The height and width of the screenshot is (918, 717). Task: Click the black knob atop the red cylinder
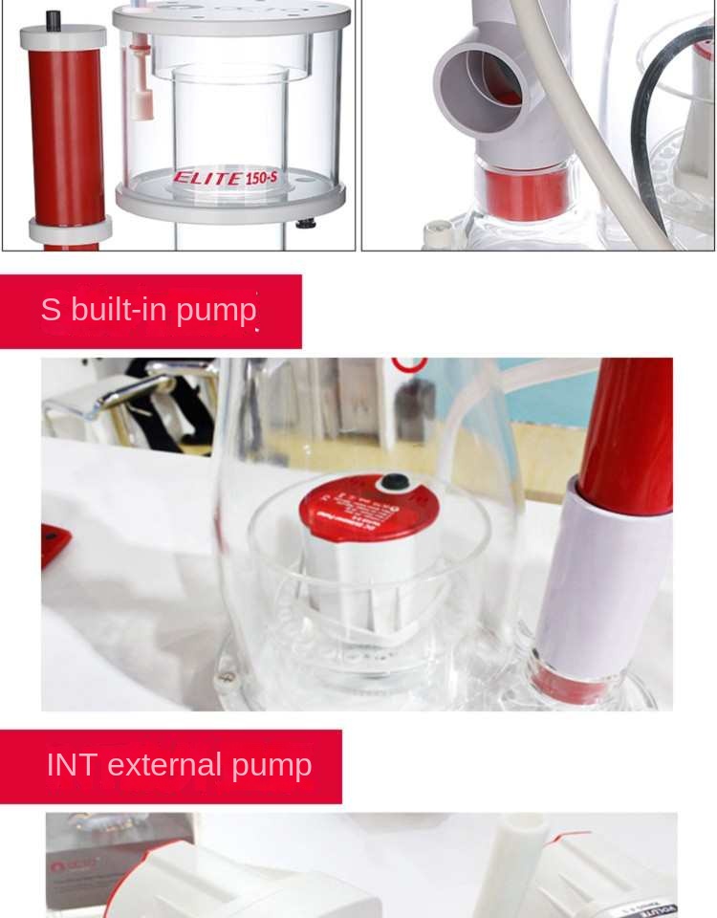point(54,19)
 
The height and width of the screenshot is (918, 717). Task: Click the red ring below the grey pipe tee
point(524,191)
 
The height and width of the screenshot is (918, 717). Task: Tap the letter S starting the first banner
point(51,310)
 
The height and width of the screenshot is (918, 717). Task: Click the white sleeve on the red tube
point(602,574)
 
